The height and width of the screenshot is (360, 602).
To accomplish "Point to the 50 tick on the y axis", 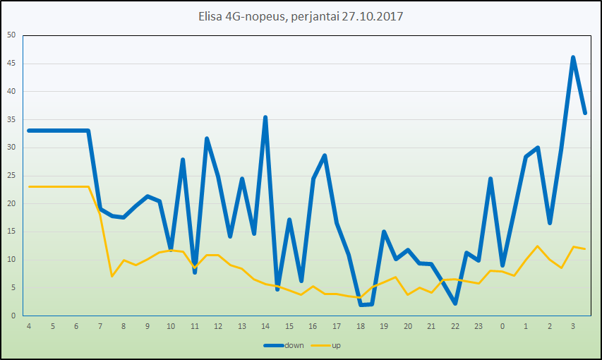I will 11,35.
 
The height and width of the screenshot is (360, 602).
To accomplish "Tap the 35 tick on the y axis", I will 11,119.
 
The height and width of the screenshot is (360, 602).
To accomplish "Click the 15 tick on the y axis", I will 11,232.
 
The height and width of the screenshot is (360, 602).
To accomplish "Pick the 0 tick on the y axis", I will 13,316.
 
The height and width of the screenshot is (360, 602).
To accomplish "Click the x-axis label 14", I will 265,326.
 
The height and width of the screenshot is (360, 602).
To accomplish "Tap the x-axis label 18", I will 360,326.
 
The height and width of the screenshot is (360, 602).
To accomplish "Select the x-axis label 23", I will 478,326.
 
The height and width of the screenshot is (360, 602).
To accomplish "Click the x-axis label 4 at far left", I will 28,326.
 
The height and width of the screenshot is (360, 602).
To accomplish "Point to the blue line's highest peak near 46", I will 573,57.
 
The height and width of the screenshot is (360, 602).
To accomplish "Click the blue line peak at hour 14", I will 265,117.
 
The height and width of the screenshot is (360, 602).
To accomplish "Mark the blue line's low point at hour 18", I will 361,304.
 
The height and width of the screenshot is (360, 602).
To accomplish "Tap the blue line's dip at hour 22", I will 455,303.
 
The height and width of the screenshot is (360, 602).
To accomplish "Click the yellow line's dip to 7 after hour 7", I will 112,276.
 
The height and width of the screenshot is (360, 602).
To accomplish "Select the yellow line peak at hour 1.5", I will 538,246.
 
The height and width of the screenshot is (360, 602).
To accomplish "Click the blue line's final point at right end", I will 585,112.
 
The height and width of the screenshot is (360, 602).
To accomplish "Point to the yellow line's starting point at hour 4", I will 29,186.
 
